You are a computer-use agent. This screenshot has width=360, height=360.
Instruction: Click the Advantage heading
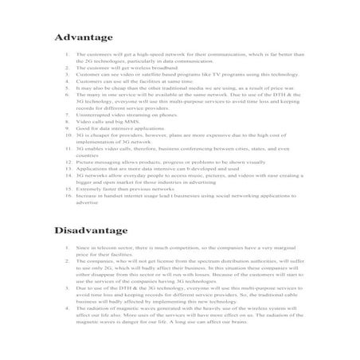86,37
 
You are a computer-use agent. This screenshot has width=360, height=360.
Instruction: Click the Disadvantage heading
92,230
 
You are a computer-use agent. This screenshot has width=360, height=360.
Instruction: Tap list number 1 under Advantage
66,54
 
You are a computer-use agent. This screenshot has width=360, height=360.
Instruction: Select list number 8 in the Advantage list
66,121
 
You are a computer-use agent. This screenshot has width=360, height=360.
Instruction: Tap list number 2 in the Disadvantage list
66,260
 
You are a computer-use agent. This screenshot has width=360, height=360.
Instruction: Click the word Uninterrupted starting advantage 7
92,115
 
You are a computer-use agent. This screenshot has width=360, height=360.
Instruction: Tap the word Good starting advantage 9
82,127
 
